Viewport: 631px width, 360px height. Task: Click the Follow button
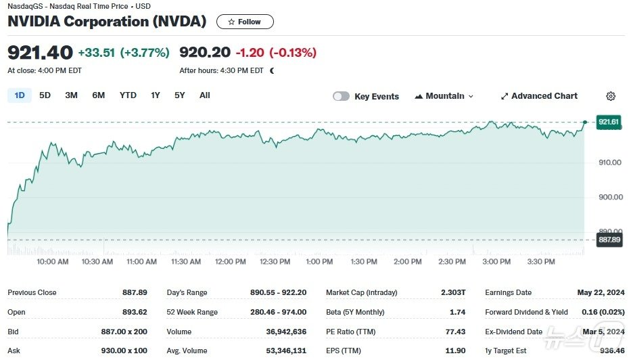(245, 22)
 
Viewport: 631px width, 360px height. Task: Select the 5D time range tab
(45, 95)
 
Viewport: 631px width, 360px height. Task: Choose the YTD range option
(128, 95)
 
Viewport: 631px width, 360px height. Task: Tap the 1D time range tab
(20, 95)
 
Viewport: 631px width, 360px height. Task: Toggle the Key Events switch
(341, 96)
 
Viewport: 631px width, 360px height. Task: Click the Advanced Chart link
(539, 96)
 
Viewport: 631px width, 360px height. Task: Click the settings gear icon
(611, 96)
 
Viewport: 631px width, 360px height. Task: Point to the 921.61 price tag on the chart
(609, 122)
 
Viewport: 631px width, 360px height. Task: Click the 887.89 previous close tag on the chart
(609, 240)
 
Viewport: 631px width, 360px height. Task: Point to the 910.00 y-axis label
(609, 162)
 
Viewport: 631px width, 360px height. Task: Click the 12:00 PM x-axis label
(230, 262)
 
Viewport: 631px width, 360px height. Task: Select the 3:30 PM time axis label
(540, 262)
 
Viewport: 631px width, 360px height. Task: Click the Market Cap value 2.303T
(452, 292)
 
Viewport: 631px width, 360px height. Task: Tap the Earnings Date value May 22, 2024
(600, 292)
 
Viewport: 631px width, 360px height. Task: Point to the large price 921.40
(39, 52)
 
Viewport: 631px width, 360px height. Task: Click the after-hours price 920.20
(204, 52)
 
